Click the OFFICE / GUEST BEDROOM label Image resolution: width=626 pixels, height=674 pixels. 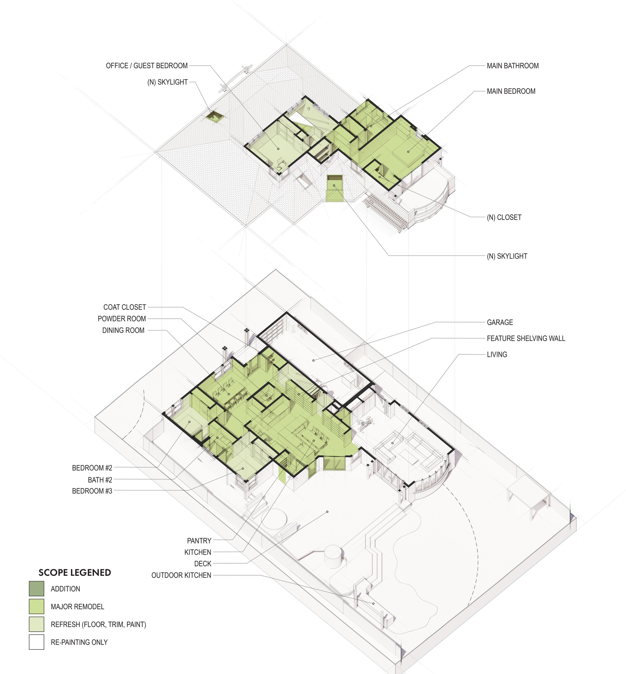point(147,66)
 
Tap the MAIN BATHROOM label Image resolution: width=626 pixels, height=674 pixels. point(513,66)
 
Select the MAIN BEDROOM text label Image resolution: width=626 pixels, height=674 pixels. point(511,91)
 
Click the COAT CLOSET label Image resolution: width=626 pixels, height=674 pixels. point(125,307)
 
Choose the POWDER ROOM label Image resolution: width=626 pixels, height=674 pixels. point(122,319)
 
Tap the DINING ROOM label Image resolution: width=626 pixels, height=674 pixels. point(123,330)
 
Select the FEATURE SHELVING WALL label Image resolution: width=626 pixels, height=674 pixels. point(526,338)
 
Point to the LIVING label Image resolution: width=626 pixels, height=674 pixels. point(497,355)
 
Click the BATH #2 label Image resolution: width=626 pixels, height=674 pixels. point(100,480)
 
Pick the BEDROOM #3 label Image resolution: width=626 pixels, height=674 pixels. point(92,491)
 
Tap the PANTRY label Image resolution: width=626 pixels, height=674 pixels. point(199,541)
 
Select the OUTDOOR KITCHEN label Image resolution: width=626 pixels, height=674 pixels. point(181,575)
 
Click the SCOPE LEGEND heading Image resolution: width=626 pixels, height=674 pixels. point(75,573)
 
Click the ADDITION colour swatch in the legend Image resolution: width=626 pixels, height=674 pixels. point(37,589)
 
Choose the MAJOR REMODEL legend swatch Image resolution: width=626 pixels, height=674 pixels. point(37,607)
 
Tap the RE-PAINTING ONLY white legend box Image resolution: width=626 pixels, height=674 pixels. point(37,642)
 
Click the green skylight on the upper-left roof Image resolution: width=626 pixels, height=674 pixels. point(214,116)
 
